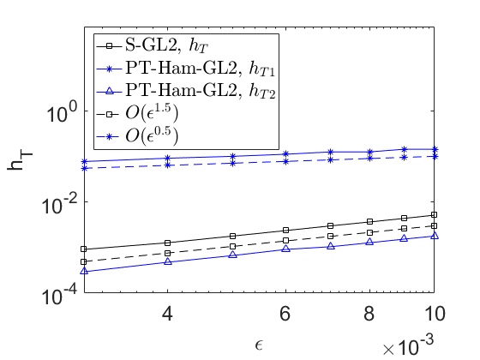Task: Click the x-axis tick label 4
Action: tap(167, 314)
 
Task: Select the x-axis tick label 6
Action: tap(285, 314)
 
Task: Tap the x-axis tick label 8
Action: tap(369, 314)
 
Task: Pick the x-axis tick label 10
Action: tap(434, 314)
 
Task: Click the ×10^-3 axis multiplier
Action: tap(408, 345)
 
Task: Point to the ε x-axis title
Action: tap(259, 345)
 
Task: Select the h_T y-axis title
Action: tap(20, 161)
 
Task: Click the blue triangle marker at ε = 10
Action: tap(434, 236)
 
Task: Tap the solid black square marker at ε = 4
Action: tap(167, 243)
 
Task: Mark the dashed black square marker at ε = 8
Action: tap(369, 232)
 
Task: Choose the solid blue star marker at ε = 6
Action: tap(285, 153)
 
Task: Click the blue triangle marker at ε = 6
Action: tap(285, 249)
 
